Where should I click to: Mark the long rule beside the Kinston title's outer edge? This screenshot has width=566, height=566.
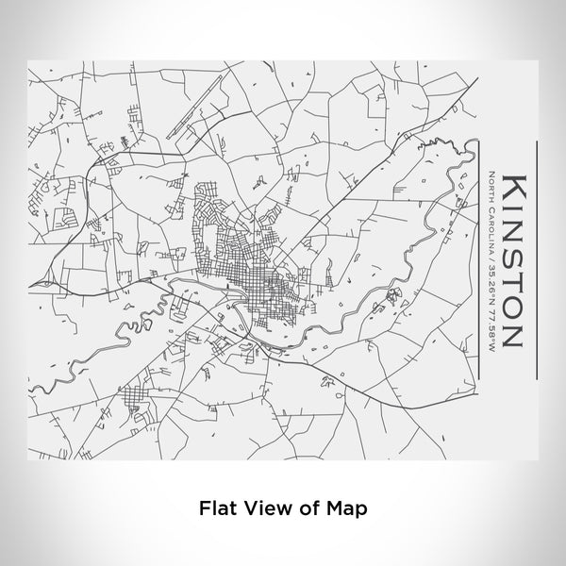(535, 259)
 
